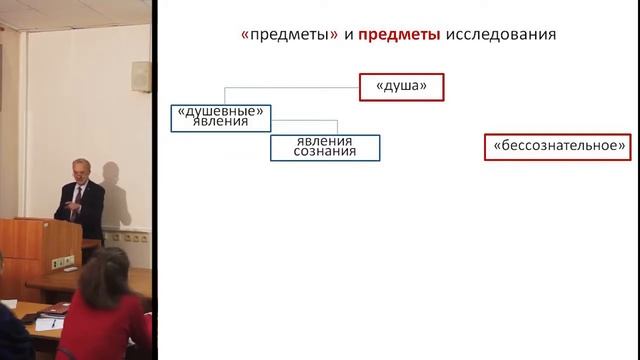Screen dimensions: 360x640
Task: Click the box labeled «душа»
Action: pos(401,87)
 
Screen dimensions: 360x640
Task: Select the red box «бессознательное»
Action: pos(558,147)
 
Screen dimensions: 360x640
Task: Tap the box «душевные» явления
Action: pos(219,116)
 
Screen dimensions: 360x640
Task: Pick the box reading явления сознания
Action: pos(326,147)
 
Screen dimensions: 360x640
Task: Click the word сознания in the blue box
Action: pos(326,153)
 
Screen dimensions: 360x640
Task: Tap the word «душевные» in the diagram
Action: pos(219,110)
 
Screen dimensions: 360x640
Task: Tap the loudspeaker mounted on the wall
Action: pos(142,77)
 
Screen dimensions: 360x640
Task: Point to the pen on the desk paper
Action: pos(53,322)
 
